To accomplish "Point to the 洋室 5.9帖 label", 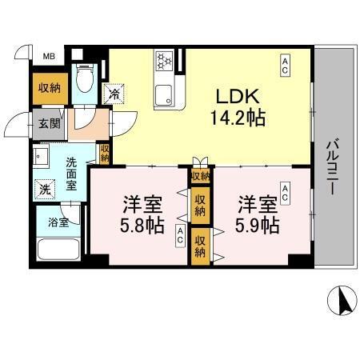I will point(257,214).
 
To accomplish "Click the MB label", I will point(49,56).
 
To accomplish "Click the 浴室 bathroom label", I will point(58,221).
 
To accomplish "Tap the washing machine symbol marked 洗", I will point(44,190).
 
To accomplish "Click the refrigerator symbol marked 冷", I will point(115,94).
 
